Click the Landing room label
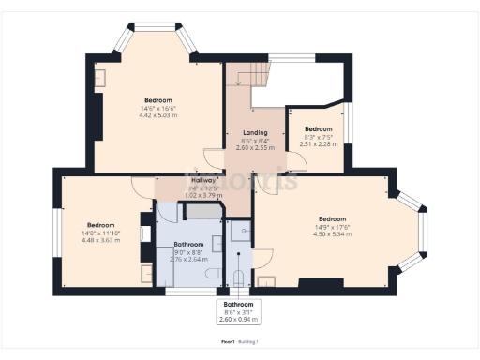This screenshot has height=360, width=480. pyautogui.click(x=255, y=132)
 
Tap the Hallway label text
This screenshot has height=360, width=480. pyautogui.click(x=204, y=180)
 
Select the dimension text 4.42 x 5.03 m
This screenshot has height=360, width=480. pyautogui.click(x=157, y=115)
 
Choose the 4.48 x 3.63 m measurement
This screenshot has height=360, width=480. pyautogui.click(x=100, y=239)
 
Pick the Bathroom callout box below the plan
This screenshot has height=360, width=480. pyautogui.click(x=238, y=311)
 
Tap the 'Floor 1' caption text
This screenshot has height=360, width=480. pyautogui.click(x=225, y=343)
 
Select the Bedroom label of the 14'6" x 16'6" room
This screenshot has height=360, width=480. pyautogui.click(x=157, y=100)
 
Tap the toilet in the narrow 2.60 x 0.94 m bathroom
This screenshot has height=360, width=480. pyautogui.click(x=237, y=276)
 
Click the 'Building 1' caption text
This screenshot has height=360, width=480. pyautogui.click(x=247, y=343)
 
